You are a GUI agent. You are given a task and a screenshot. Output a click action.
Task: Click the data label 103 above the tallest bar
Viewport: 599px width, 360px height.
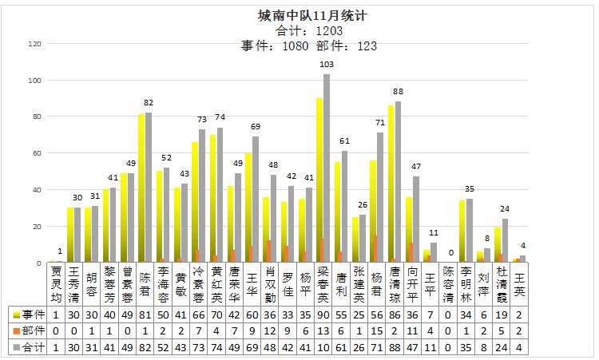point(326,64)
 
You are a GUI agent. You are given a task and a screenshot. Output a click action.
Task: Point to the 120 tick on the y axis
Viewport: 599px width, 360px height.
point(34,44)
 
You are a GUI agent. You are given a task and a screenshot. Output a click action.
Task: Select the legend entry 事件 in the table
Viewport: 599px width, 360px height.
point(28,315)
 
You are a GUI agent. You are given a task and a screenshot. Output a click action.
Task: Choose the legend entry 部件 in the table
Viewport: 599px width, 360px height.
point(28,330)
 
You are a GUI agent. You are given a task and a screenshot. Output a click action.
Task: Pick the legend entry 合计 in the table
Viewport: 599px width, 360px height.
point(28,346)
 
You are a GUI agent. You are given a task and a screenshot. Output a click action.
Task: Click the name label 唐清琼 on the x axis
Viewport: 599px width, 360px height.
point(394,284)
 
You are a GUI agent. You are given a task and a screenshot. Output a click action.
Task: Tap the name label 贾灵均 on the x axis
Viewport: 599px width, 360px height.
point(56,284)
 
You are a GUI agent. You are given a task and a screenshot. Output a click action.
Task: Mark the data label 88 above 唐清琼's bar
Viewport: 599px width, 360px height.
point(398,92)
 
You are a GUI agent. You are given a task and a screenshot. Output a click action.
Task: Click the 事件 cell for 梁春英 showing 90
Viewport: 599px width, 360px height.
point(323,315)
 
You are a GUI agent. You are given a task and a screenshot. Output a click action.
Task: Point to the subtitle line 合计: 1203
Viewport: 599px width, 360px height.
point(310,30)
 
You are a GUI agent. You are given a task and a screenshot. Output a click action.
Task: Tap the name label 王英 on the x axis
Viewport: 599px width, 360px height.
point(519,284)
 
